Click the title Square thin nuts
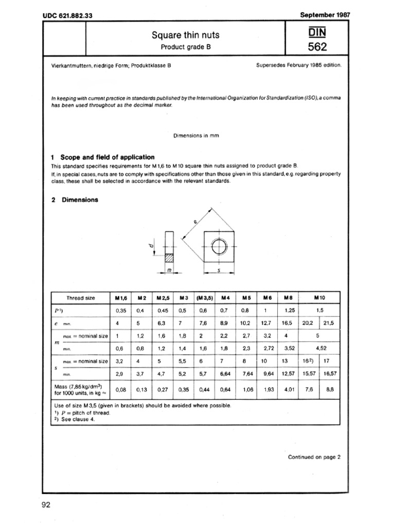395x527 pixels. point(185,35)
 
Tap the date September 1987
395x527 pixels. point(325,15)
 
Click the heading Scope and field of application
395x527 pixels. point(107,157)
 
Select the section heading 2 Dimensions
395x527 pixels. point(79,200)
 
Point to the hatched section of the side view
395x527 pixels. point(169,257)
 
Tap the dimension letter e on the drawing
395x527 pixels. point(196,222)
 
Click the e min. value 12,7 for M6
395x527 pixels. point(266,323)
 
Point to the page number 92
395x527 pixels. point(45,505)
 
